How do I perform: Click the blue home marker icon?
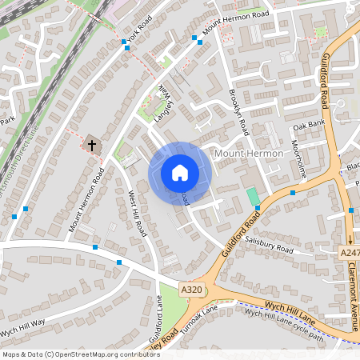tap(180, 173)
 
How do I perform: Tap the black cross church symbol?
tap(92, 146)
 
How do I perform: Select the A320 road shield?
tap(191, 289)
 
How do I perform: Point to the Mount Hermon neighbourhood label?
tap(248, 153)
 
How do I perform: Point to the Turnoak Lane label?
tap(199, 314)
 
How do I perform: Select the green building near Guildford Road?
tap(253, 196)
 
